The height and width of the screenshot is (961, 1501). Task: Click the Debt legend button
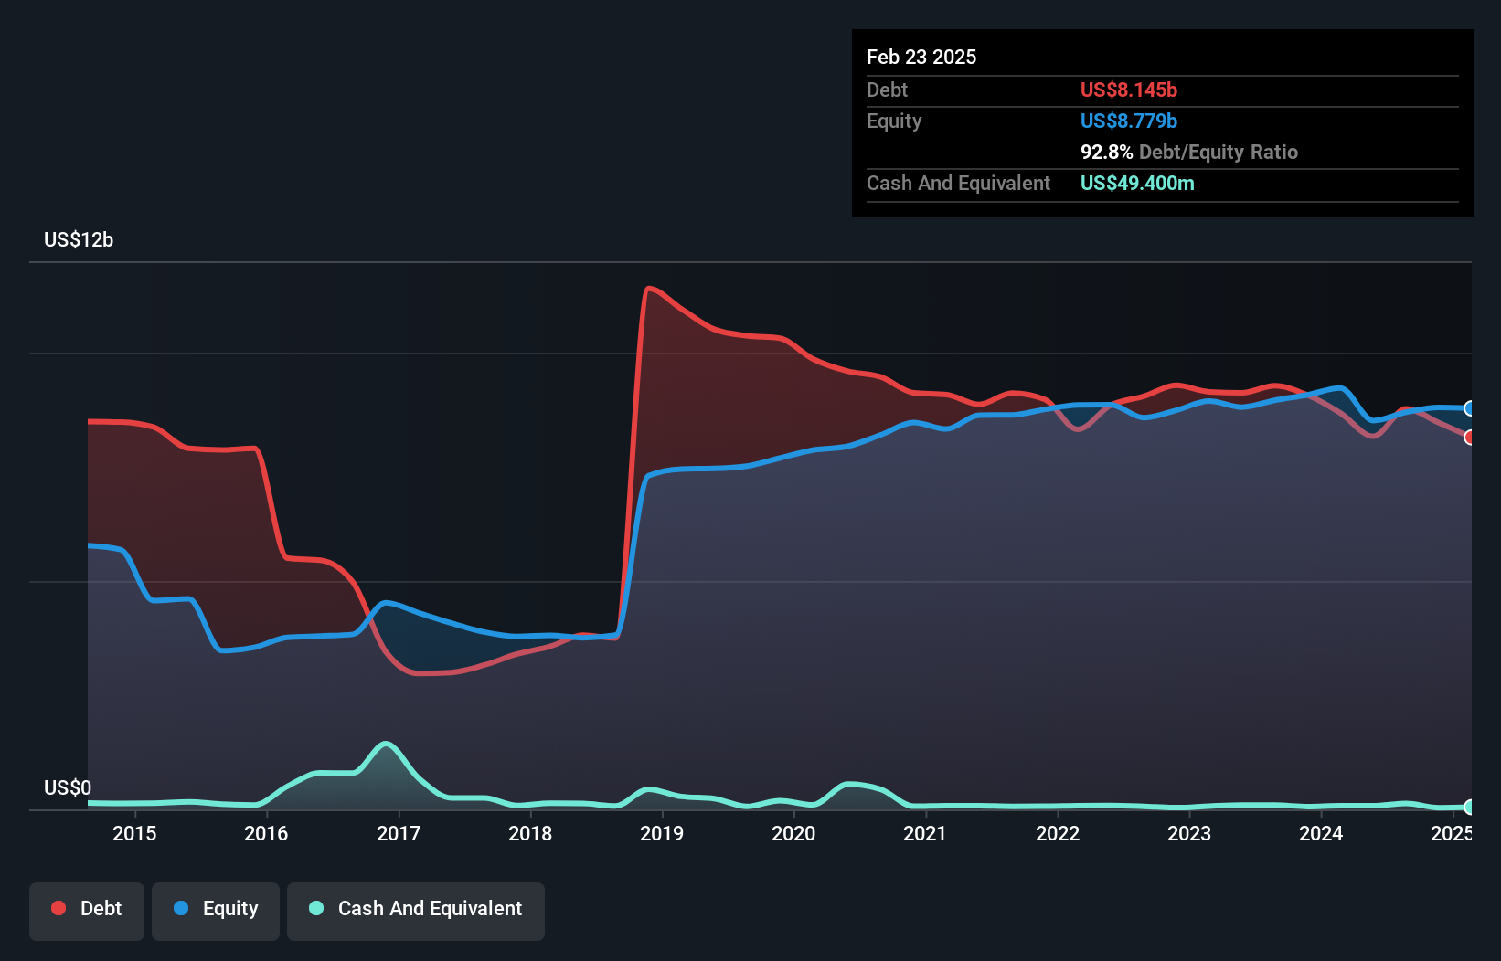pos(87,909)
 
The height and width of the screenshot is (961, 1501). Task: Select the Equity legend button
pos(216,909)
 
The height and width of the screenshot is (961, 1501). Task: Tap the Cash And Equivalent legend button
pos(416,909)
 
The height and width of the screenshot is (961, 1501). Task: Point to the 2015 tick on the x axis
pos(134,833)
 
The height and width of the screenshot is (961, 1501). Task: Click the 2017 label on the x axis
pos(399,833)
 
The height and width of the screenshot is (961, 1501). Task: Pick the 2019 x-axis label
pos(662,833)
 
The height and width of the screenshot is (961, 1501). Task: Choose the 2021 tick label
pos(925,833)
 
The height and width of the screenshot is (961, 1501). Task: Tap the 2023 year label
pos(1189,833)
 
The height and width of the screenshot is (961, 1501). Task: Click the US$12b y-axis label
pos(79,240)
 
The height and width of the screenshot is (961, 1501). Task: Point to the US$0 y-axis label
pos(68,787)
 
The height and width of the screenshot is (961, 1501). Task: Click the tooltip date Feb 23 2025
pos(921,57)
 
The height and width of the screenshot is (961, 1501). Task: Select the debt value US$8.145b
pos(1129,90)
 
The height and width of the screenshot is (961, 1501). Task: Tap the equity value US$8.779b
pos(1129,121)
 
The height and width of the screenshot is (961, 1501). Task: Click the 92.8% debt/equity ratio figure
pos(1106,152)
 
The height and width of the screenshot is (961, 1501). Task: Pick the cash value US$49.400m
pos(1137,183)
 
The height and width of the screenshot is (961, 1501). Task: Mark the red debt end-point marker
pos(1470,438)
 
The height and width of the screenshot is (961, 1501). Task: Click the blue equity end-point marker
pos(1470,408)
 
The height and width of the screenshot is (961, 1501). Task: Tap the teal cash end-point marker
pos(1470,807)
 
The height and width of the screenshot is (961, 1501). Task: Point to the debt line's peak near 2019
pos(649,289)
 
